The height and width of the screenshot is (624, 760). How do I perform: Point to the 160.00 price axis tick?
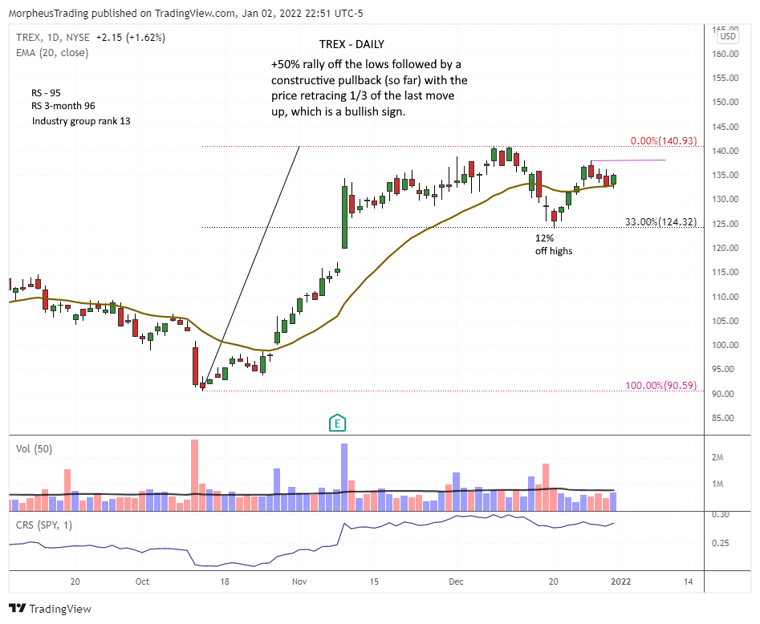click(x=728, y=54)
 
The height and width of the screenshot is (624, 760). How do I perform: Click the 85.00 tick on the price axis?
click(x=728, y=418)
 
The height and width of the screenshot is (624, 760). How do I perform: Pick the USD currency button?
click(x=728, y=36)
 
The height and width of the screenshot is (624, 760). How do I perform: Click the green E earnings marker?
click(x=338, y=423)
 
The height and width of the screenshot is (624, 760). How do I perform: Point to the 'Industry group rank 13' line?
click(x=81, y=121)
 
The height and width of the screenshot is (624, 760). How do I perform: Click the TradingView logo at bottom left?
click(x=50, y=610)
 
